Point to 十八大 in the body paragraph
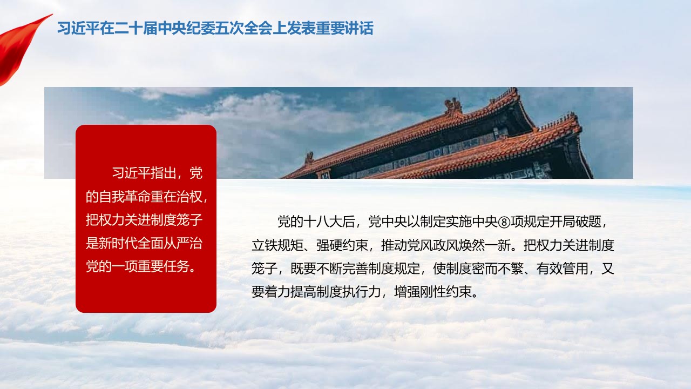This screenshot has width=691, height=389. click(323, 222)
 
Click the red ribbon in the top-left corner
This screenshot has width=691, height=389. click(22, 46)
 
